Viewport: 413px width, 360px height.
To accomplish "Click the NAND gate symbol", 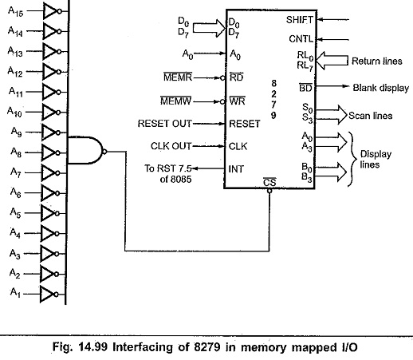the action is coord(86,150).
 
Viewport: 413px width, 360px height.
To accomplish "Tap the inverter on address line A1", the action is coord(49,295).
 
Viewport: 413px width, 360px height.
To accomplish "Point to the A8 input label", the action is coord(16,152).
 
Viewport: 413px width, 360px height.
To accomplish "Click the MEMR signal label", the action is coord(178,77).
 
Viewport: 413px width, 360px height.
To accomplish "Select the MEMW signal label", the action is coord(176,101).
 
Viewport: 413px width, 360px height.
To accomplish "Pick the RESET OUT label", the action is coord(164,124).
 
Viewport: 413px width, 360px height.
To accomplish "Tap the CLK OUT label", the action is coord(171,146).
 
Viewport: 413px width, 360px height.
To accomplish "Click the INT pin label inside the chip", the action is coord(236,168).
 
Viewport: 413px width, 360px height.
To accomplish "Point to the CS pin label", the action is coord(269,182).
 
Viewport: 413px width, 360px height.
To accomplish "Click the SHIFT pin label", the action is coord(300,20).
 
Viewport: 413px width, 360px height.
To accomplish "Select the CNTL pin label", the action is coord(301,39).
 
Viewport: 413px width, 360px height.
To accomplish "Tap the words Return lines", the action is coord(377,61).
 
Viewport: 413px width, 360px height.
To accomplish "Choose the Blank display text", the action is coord(380,88).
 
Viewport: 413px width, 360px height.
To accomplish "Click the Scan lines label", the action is coord(370,116).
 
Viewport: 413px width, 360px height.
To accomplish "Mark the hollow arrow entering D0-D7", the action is coord(209,28).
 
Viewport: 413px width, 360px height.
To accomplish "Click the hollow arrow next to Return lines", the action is coord(332,61).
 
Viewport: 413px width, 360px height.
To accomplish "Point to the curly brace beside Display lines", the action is coord(352,159).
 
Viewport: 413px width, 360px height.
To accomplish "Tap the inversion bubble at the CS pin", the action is coord(269,191).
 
